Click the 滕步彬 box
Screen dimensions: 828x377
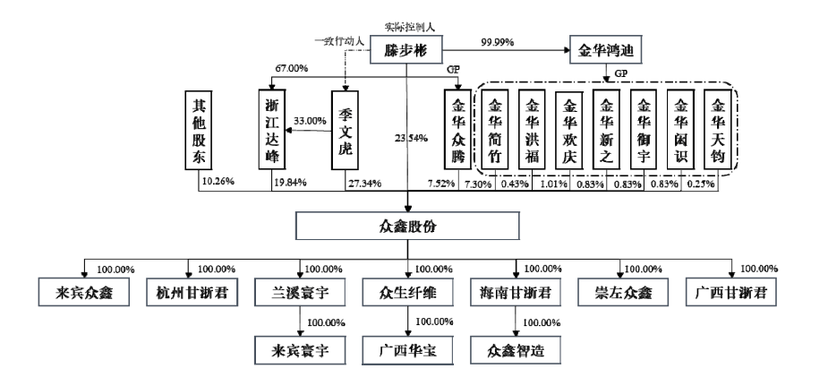click(x=406, y=51)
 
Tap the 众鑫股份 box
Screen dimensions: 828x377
click(x=407, y=227)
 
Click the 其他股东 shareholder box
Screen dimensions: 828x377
click(x=199, y=130)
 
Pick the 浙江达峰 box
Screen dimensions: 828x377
click(x=271, y=130)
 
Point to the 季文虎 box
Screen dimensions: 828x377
click(x=345, y=130)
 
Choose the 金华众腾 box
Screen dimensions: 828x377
click(x=457, y=130)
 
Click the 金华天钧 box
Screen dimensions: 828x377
click(x=717, y=130)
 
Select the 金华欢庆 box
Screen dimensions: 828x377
click(x=568, y=130)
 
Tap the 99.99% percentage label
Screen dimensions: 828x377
click(x=498, y=42)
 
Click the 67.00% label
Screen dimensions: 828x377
click(x=292, y=69)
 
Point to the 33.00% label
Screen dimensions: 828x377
click(x=310, y=121)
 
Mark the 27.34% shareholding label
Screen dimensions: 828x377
click(x=364, y=184)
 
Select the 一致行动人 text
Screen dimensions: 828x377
click(x=339, y=40)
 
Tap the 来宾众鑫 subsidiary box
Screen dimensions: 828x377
click(x=83, y=291)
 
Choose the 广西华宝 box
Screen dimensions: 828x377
click(x=407, y=349)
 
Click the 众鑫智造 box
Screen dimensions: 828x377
click(x=516, y=349)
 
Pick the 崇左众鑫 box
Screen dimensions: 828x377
click(x=623, y=291)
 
